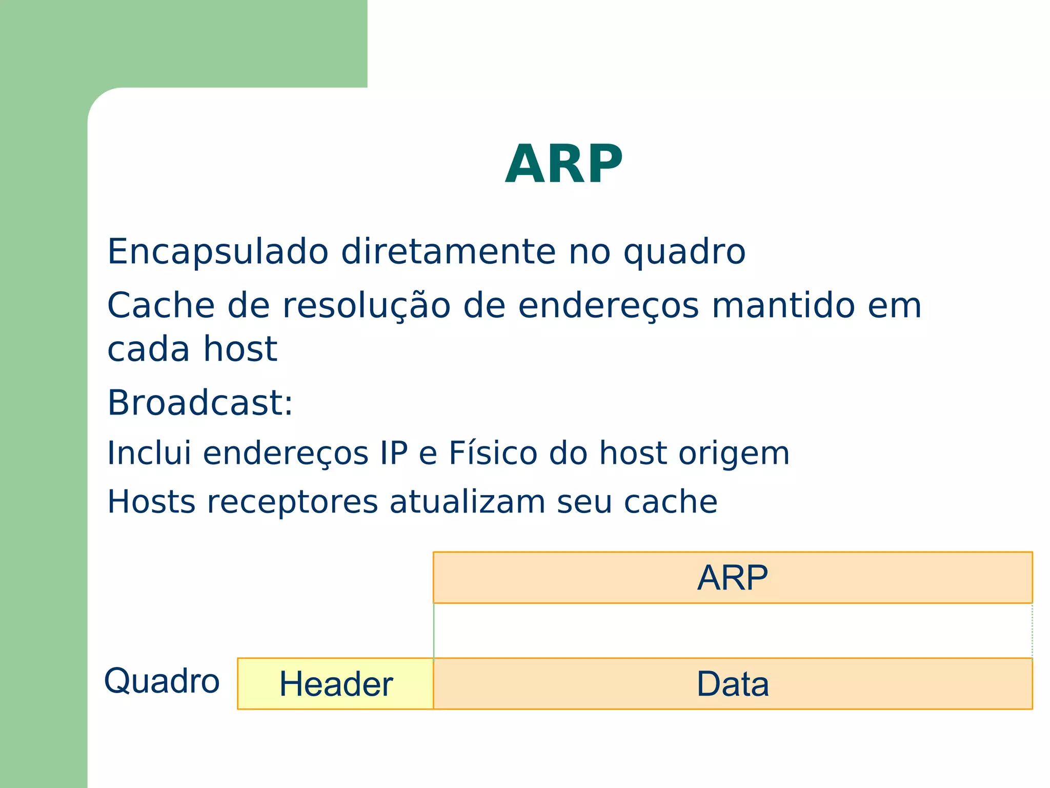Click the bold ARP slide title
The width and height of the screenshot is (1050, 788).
563,164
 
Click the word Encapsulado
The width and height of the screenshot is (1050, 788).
217,252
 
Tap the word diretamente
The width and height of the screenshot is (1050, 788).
448,252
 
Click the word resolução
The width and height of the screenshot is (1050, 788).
366,306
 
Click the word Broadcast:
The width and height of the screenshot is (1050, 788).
200,403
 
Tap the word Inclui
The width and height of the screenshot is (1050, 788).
149,454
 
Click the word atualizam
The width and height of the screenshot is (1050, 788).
467,502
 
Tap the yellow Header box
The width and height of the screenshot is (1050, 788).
336,684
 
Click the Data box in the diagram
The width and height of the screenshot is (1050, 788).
732,684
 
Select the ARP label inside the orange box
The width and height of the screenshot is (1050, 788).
732,578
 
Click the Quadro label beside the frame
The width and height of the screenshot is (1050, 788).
162,681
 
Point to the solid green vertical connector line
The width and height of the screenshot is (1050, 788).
434,631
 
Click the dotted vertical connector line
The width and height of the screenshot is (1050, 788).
1032,631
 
